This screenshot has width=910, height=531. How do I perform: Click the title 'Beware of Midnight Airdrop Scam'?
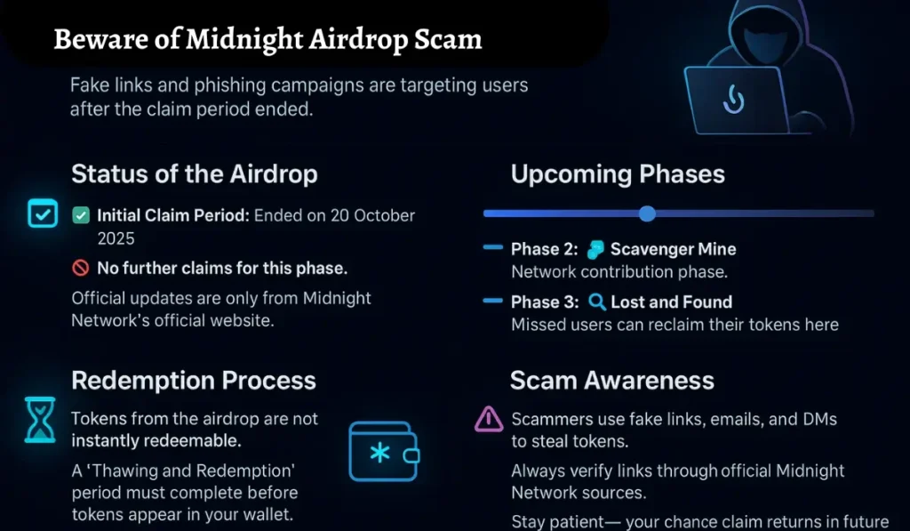click(x=267, y=39)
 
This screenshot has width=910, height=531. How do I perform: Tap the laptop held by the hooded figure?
click(x=735, y=100)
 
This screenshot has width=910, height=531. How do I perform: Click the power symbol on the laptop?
click(x=733, y=100)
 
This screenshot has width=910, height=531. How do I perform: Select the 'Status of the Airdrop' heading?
click(x=194, y=173)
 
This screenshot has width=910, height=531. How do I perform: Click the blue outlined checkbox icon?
click(x=42, y=214)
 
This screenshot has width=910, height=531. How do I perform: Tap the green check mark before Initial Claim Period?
click(x=80, y=215)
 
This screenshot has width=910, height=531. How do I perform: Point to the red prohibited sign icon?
click(x=80, y=268)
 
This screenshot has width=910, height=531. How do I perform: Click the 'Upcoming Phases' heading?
click(x=618, y=173)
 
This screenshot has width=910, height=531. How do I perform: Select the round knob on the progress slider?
click(x=647, y=213)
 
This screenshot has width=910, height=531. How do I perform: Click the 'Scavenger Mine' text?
click(x=673, y=249)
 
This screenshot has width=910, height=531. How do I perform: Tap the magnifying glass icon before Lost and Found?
click(x=597, y=302)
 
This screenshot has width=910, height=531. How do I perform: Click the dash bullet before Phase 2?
click(x=492, y=248)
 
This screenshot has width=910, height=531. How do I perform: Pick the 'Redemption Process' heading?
click(x=194, y=381)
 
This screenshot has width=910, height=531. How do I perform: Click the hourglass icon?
click(x=40, y=420)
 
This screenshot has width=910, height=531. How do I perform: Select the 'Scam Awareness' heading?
click(x=611, y=381)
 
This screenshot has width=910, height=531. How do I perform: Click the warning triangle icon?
click(x=489, y=419)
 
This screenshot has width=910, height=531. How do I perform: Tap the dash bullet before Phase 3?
click(x=492, y=302)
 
